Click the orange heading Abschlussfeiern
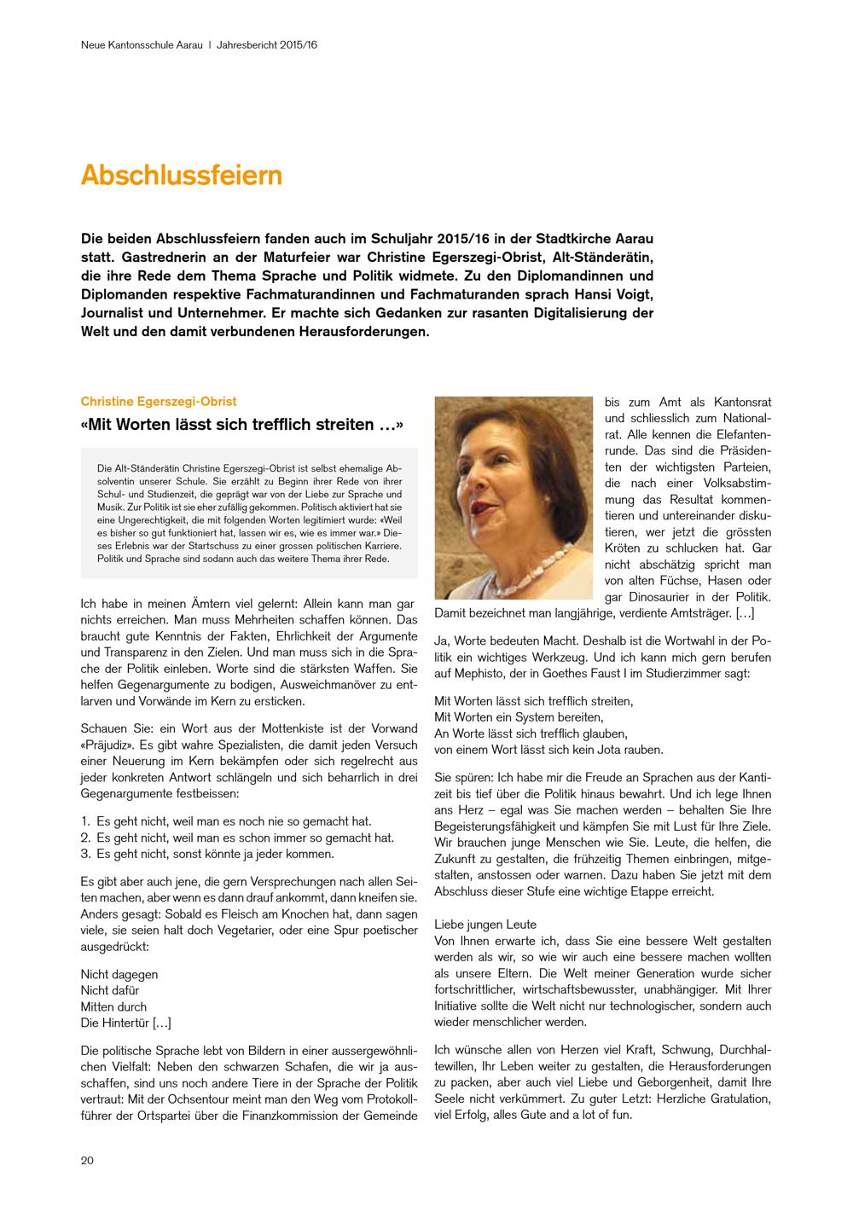point(181,175)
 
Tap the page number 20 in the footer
point(88,1160)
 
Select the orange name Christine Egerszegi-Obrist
point(159,401)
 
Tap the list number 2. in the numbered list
point(85,838)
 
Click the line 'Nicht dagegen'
point(119,974)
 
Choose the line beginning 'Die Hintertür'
point(125,1023)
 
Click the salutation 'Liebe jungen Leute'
point(485,925)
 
